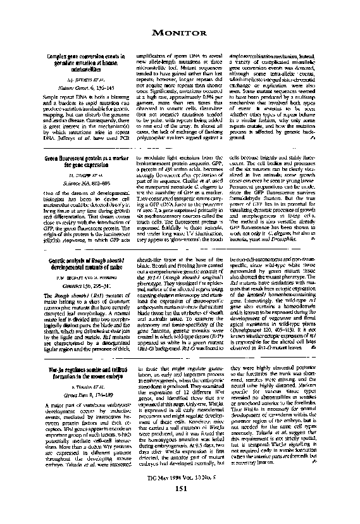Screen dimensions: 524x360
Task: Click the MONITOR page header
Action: [180, 32]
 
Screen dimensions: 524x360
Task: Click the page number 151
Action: [180, 506]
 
